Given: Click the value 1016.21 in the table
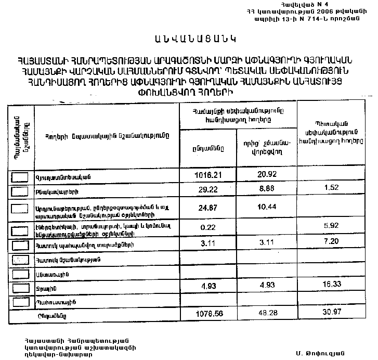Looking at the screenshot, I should tap(207, 174).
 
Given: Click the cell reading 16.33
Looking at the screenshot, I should tap(331, 286).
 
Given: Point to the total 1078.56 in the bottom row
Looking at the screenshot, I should tap(207, 315).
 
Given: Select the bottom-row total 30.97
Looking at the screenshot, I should tap(331, 315).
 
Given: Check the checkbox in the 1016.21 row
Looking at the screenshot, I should tap(20, 176).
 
